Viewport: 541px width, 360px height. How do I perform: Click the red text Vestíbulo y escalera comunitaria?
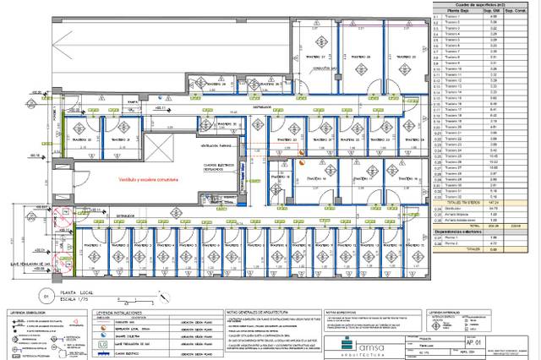146,180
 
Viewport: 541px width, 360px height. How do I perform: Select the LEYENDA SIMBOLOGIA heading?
29,311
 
